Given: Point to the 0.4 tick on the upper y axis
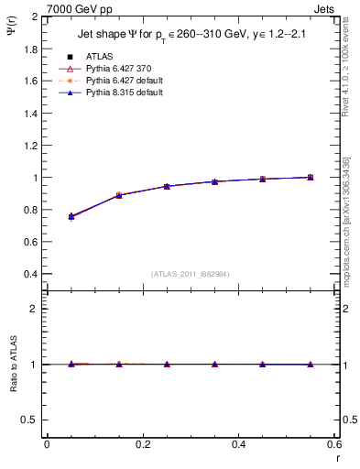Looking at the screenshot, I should point(29,274).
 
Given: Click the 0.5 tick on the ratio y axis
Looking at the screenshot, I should point(29,420).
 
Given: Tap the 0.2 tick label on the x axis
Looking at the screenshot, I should point(142,444).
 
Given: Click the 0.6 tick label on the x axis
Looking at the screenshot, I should point(333,444).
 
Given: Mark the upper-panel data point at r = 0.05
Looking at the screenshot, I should point(71,216).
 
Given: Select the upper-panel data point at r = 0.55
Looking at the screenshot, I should point(310,177).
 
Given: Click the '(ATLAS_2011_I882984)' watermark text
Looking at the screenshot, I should point(190,273).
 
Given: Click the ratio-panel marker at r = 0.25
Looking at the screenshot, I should point(167,364).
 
